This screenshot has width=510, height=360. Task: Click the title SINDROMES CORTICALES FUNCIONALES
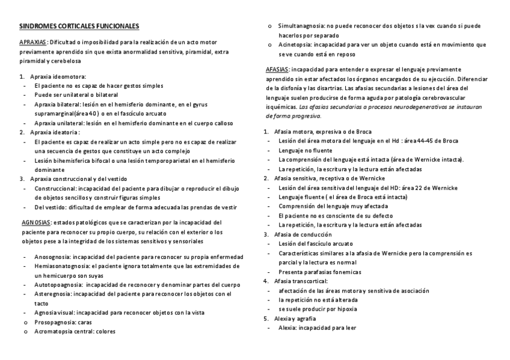79,26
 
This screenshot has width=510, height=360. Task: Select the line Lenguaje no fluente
307,150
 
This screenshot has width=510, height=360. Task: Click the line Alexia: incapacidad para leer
318,328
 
